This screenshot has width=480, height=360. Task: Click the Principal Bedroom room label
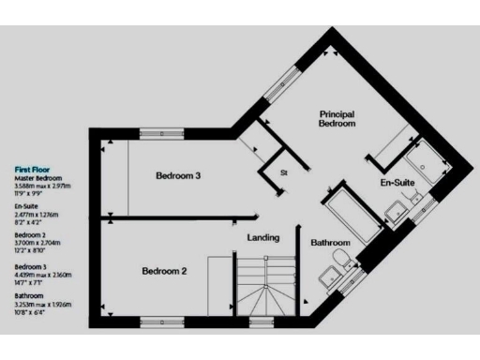337,118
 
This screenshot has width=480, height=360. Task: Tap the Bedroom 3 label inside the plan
178,175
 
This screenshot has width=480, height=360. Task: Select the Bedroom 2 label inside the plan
165,272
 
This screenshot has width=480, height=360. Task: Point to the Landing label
262,237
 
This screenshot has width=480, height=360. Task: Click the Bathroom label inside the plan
330,243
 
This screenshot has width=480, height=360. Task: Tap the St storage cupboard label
283,172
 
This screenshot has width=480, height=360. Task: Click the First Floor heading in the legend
33,170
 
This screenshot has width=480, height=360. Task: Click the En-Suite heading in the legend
25,205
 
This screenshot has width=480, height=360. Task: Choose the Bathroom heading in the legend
27,294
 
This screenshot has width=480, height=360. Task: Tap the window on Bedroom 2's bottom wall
157,322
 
